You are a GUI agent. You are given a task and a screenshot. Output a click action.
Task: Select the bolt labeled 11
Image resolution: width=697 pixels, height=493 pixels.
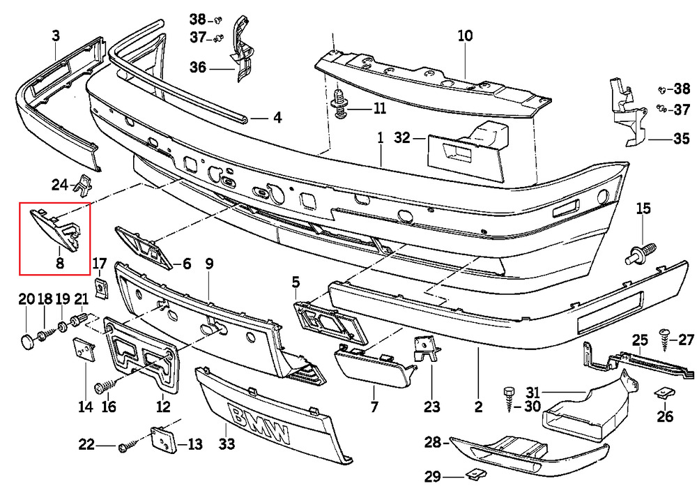click(x=341, y=103)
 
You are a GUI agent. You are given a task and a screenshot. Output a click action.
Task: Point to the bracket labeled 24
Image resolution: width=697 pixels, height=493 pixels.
click(x=84, y=184)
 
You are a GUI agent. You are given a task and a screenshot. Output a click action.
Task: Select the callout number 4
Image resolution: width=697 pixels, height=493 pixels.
click(x=277, y=118)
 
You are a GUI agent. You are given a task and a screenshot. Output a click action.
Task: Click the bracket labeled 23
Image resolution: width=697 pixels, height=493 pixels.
click(x=424, y=349)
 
